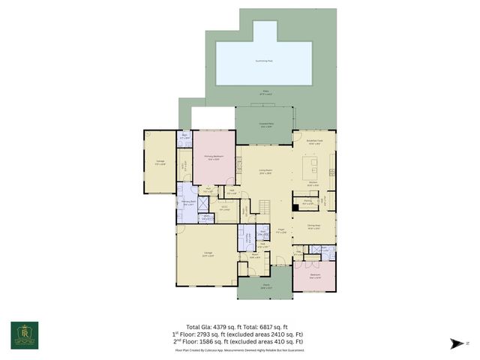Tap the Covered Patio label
[266, 125]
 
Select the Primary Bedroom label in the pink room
[214, 157]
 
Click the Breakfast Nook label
[315, 140]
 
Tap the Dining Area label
[313, 225]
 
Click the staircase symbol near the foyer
[262, 205]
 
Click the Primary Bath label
[187, 202]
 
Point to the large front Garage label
[206, 254]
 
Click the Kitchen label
[313, 184]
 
